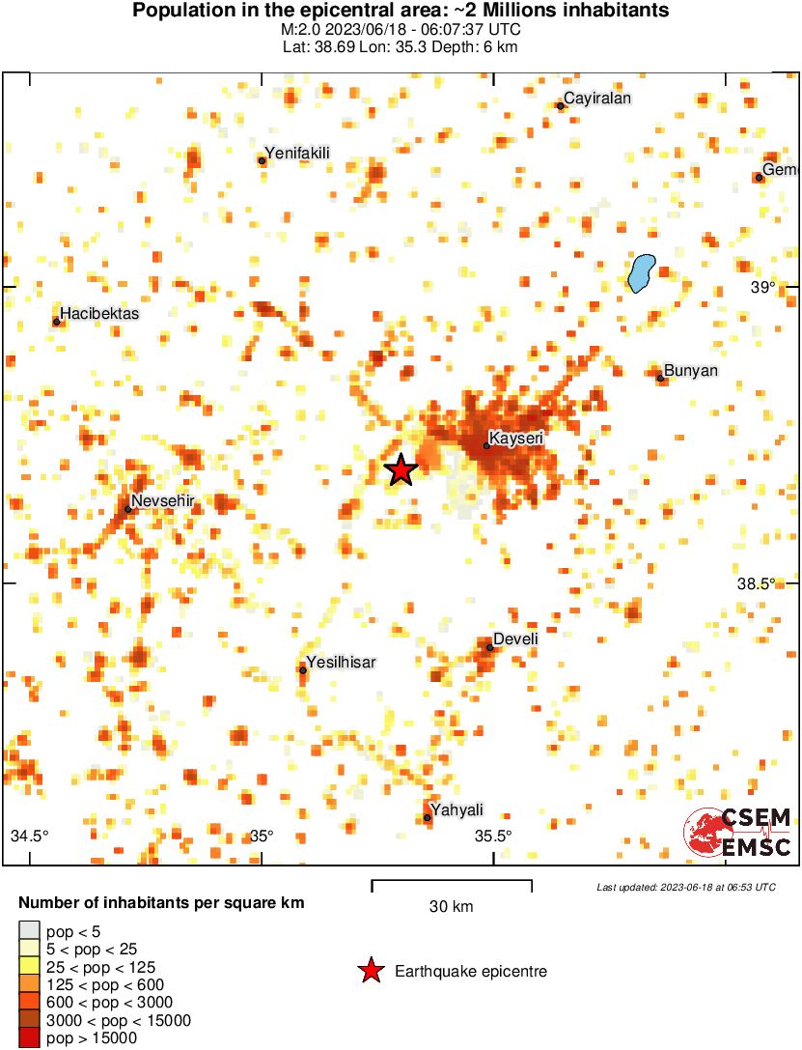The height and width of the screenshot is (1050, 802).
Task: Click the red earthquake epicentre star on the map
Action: point(401,470)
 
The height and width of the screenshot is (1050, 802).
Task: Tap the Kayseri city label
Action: point(516,439)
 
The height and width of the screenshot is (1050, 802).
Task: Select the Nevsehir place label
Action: point(163,500)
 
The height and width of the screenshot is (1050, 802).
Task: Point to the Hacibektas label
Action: point(99,314)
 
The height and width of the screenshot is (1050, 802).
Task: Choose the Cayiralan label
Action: point(596,99)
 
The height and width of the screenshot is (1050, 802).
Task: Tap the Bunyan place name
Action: point(691,371)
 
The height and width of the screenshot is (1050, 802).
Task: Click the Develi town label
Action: point(515,639)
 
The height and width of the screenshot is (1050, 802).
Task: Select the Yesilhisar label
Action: point(341,662)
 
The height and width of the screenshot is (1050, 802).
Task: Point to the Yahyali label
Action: point(456,809)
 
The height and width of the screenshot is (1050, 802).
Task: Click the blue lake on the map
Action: point(641,271)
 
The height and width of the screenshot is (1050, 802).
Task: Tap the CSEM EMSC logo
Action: point(738,832)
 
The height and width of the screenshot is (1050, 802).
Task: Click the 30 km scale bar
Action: point(452,882)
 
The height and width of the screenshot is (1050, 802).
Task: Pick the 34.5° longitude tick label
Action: point(29,836)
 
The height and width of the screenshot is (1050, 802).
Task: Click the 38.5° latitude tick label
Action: point(757,583)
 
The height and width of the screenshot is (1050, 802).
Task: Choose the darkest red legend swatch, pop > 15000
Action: point(29,1038)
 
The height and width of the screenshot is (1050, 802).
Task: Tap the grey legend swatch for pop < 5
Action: point(29,931)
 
